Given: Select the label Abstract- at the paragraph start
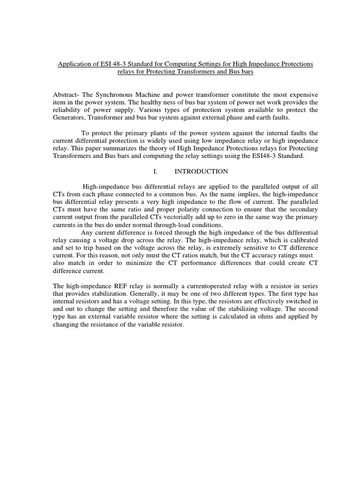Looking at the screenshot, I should tap(66, 95).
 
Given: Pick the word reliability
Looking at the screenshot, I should tap(67, 110).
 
